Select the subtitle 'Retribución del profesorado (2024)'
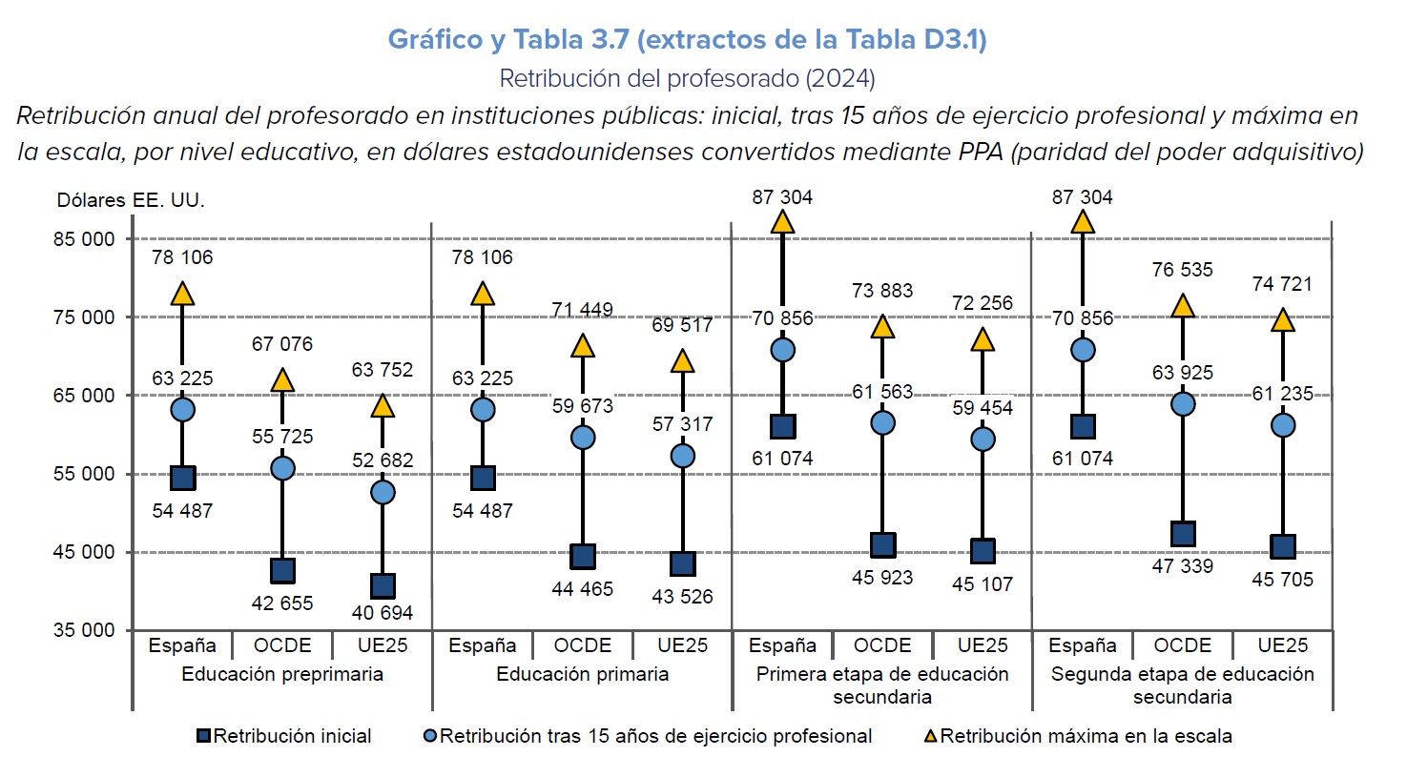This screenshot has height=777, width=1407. pos(687,78)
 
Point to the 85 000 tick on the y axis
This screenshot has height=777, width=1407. pos(84,239)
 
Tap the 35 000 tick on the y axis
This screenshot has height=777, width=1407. pos(84,630)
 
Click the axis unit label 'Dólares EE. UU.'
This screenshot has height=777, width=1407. pos(131,200)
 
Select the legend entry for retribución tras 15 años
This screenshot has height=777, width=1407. pos(648,736)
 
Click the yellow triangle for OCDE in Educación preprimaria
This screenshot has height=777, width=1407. pos(282,380)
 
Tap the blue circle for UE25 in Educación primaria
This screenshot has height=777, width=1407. pos(683,457)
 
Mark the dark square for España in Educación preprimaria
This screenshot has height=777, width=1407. pos(182,478)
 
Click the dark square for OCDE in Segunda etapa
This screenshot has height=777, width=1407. pos(1183,534)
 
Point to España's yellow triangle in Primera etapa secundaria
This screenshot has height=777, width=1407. pos(783,222)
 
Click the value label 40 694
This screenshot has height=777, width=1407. pos(383,613)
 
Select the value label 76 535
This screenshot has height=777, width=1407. pos(1183,270)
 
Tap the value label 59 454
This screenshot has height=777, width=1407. pos(983,408)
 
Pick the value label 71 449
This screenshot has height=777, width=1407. pos(583,310)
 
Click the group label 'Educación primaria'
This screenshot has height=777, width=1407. pos(583,674)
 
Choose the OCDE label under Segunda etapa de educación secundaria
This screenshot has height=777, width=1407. pos(1183,645)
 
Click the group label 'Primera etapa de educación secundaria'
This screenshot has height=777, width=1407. pos(882,685)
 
